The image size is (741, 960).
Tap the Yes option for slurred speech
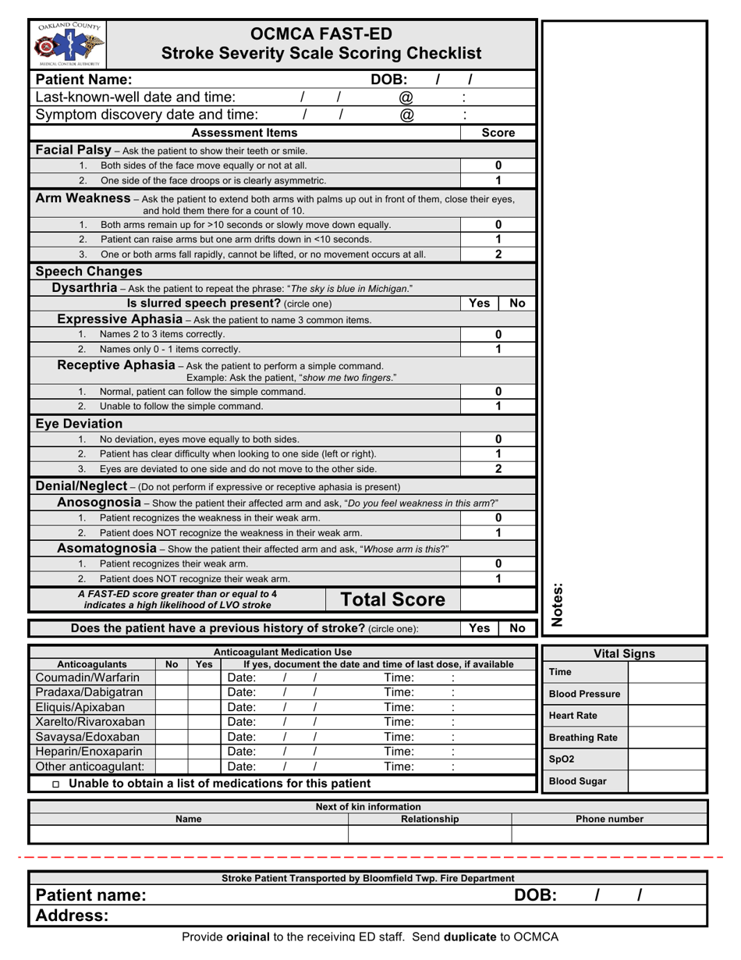pyautogui.click(x=479, y=303)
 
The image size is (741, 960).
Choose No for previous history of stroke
pyautogui.click(x=517, y=628)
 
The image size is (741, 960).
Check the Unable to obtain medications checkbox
pyautogui.click(x=55, y=784)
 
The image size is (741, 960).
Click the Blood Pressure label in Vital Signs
pyautogui.click(x=584, y=694)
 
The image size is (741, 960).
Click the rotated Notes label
pyautogui.click(x=558, y=604)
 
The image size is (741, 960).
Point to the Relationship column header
pyautogui.click(x=430, y=819)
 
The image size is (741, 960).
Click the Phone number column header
pyautogui.click(x=609, y=819)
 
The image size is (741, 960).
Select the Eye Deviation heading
pyautogui.click(x=79, y=424)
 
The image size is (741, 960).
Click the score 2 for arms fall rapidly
pyautogui.click(x=498, y=254)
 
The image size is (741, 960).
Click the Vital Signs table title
pyautogui.click(x=624, y=654)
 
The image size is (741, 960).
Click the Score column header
pyautogui.click(x=498, y=133)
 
